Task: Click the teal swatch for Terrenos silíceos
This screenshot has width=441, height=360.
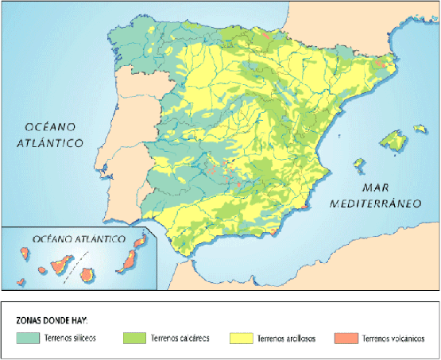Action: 30,338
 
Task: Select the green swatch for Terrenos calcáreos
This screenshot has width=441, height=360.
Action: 134,338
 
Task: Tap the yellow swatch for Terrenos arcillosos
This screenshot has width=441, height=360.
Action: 242,338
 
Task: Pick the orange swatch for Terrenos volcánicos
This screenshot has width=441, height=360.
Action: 347,338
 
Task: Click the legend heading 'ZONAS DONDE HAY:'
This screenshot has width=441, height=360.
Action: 52,320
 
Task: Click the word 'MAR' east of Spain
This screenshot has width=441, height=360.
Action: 376,188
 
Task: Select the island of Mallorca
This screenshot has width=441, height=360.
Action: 393,141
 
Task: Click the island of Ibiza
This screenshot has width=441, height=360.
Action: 359,165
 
